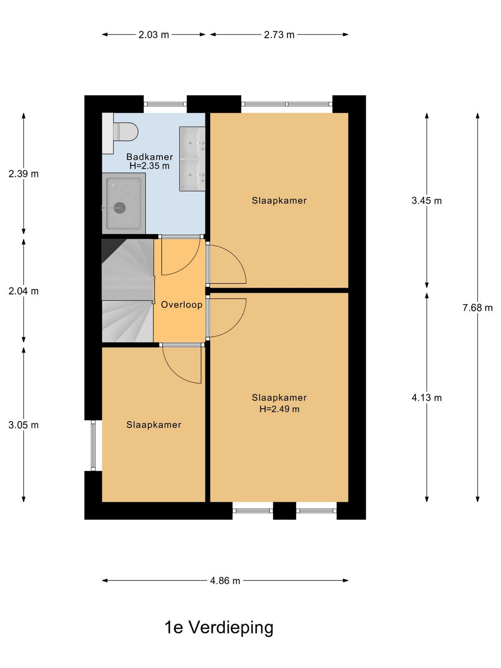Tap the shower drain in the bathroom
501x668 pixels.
click(x=119, y=208)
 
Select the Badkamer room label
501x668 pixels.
click(x=149, y=157)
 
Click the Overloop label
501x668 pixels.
click(x=182, y=305)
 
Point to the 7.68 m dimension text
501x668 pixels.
click(x=478, y=308)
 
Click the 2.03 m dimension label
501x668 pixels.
click(x=154, y=35)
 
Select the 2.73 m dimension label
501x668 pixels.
click(x=279, y=35)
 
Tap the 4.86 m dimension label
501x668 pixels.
click(x=225, y=581)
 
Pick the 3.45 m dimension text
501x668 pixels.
click(x=426, y=200)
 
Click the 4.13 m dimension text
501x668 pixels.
click(x=426, y=398)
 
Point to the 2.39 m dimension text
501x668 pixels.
click(x=24, y=174)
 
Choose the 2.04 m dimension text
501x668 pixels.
click(x=24, y=291)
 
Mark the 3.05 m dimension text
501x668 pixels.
click(x=24, y=425)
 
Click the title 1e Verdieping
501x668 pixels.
click(x=219, y=628)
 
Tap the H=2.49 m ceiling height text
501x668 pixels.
click(x=279, y=409)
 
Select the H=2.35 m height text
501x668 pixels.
click(x=149, y=166)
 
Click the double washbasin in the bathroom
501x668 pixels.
click(x=192, y=159)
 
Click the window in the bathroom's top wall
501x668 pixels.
click(x=165, y=104)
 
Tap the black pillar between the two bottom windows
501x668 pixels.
click(x=284, y=511)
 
